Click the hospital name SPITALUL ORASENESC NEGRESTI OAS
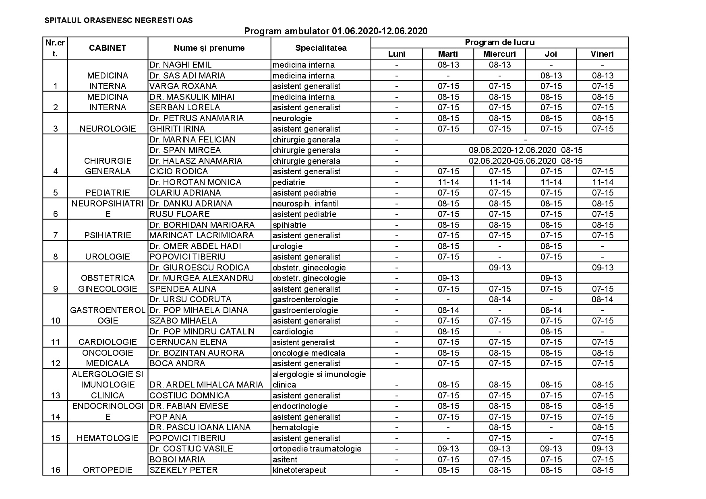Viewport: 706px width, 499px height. [x=118, y=20]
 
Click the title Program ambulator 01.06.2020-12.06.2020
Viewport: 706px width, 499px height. [x=336, y=31]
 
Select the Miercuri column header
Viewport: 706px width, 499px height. [x=499, y=54]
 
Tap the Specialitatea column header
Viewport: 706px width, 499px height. [x=321, y=48]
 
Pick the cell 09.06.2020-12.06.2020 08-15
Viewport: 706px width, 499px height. [x=525, y=150]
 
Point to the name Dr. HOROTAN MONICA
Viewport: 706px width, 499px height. [x=195, y=182]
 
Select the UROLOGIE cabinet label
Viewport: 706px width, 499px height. [x=108, y=257]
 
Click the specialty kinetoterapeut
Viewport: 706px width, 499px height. [x=299, y=470]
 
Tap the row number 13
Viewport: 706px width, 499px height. [x=56, y=396]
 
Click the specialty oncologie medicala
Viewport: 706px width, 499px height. [x=308, y=353]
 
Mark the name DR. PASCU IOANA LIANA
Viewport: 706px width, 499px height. [x=200, y=427]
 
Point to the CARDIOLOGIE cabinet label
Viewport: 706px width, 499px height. [x=108, y=342]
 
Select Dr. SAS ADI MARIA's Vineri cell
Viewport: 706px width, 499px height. [x=602, y=76]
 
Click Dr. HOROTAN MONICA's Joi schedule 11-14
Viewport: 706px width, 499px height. [x=551, y=182]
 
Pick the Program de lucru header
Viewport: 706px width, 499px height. [x=499, y=43]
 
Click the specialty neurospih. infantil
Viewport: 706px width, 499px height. [x=305, y=204]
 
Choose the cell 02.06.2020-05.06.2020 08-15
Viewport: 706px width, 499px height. [x=525, y=161]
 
